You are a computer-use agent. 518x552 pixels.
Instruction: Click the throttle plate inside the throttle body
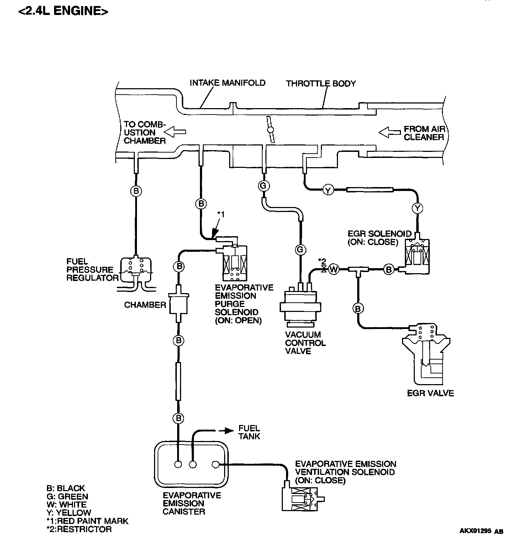pyautogui.click(x=271, y=130)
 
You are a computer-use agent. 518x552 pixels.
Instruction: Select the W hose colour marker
pyautogui.click(x=333, y=269)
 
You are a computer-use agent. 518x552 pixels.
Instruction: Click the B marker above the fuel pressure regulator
pyautogui.click(x=136, y=191)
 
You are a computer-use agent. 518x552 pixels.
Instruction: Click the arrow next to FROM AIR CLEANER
pyautogui.click(x=389, y=133)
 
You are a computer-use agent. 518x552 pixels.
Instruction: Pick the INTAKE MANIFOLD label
pyautogui.click(x=227, y=83)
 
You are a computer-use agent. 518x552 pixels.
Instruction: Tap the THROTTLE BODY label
pyautogui.click(x=321, y=84)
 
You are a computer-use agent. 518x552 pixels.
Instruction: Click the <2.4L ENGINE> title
pyautogui.click(x=63, y=11)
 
